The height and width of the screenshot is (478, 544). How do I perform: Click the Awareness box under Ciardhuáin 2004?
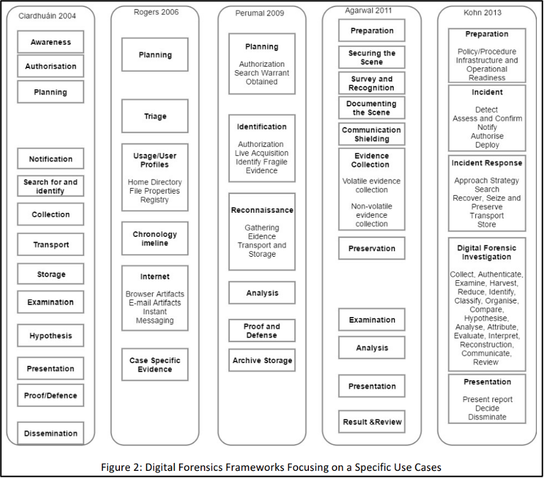pos(50,42)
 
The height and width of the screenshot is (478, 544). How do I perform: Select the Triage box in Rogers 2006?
pos(155,116)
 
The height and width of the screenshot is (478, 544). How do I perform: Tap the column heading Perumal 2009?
pos(259,13)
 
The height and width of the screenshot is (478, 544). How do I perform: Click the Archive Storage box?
pos(262,360)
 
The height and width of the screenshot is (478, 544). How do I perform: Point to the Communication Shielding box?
pos(371,134)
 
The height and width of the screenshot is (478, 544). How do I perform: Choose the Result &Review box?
pos(371,421)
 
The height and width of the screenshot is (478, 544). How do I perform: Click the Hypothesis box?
pos(50,335)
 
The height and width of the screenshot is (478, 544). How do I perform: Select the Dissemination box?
pos(50,433)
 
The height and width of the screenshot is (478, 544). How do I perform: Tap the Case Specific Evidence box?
pos(155,365)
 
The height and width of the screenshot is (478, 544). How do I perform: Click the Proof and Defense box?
pos(262,330)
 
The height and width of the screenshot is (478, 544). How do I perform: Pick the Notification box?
pos(50,159)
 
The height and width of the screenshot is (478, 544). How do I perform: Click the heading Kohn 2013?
pos(482,13)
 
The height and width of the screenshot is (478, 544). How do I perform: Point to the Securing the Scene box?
pos(371,57)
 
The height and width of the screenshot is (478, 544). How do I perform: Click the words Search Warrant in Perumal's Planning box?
pos(261,73)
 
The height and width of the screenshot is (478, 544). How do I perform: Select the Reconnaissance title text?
pos(262,210)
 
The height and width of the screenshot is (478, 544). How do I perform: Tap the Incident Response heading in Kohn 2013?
pos(486,163)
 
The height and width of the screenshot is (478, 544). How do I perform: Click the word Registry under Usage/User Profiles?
pos(154,199)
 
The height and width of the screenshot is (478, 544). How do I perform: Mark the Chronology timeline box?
pos(155,238)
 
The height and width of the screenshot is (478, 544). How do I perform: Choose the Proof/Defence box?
pos(50,395)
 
